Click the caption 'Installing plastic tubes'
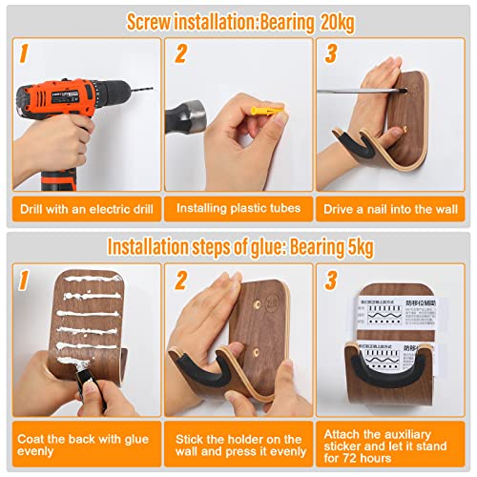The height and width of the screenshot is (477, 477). click(x=238, y=208)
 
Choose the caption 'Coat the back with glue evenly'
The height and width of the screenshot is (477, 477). click(x=78, y=445)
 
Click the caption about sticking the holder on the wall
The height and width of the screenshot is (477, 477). click(x=238, y=445)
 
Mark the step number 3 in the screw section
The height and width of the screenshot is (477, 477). click(x=331, y=54)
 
